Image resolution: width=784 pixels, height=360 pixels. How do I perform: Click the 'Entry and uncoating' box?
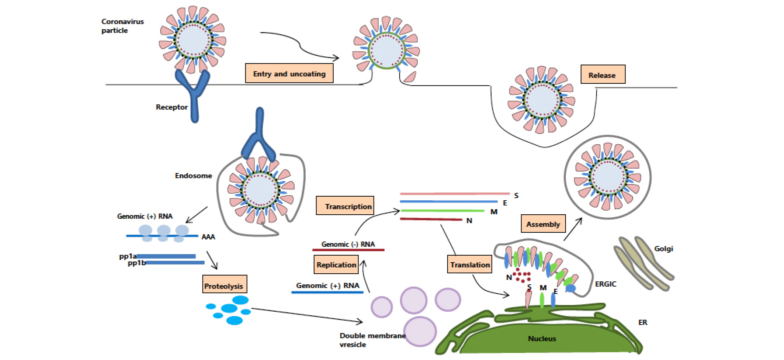pyautogui.click(x=289, y=73)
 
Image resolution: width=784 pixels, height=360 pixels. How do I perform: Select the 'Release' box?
pyautogui.click(x=603, y=75)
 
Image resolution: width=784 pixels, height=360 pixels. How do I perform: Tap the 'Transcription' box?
pyautogui.click(x=345, y=206)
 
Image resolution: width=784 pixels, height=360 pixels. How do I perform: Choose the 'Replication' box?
pyautogui.click(x=336, y=265)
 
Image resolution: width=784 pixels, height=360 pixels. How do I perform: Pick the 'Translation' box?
pyautogui.click(x=469, y=264)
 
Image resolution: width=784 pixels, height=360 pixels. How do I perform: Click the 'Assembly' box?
pyautogui.click(x=543, y=224)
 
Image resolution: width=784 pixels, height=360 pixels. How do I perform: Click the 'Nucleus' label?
pyautogui.click(x=542, y=338)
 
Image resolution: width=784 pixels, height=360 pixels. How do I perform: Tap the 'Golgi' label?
pyautogui.click(x=663, y=249)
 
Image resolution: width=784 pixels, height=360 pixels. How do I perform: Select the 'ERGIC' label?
pyautogui.click(x=606, y=284)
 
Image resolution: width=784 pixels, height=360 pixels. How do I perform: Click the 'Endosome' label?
pyautogui.click(x=193, y=176)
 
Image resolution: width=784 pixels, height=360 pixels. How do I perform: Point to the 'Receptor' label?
pyautogui.click(x=171, y=107)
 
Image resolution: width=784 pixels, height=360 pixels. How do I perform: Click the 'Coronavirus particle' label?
pyautogui.click(x=122, y=26)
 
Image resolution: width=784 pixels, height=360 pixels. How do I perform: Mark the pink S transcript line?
pyautogui.click(x=454, y=193)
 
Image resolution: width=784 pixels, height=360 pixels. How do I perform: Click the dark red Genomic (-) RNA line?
pyautogui.click(x=348, y=250)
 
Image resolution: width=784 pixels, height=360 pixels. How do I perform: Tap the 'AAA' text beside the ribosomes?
pyautogui.click(x=208, y=237)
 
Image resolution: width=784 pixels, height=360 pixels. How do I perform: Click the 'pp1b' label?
pyautogui.click(x=136, y=263)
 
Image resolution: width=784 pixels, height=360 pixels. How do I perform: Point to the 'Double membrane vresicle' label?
pyautogui.click(x=372, y=340)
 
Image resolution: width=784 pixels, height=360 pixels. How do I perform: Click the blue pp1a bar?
pyautogui.click(x=166, y=256)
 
